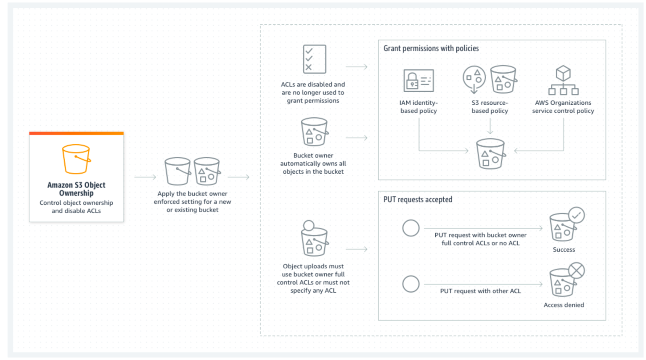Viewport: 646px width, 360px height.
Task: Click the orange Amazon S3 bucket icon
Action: (76, 159)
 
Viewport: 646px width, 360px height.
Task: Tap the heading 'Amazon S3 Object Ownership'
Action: (76, 189)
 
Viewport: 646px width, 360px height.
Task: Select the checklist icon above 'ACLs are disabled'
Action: (314, 59)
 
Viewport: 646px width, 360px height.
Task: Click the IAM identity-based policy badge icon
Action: (418, 80)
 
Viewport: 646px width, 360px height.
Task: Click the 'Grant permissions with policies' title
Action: (431, 48)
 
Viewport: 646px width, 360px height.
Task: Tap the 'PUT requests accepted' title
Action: (418, 199)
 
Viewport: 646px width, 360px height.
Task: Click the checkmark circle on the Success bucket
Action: (576, 215)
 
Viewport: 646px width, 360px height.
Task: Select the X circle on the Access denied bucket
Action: (576, 270)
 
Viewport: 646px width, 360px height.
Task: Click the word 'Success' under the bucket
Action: (564, 249)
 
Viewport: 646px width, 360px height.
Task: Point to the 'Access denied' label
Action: (564, 305)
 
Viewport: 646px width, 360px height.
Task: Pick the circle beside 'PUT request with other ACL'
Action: (410, 284)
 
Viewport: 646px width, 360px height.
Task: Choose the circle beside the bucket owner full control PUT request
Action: (410, 228)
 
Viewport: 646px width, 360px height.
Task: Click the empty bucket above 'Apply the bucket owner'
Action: (177, 171)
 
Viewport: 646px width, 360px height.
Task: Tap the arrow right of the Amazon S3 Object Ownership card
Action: (145, 177)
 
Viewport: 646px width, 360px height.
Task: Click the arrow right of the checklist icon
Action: (357, 67)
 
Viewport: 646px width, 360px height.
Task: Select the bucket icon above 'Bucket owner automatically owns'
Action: (314, 132)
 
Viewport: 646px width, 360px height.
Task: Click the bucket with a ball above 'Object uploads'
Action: (314, 238)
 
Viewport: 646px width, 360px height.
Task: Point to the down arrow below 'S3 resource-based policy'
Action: (490, 126)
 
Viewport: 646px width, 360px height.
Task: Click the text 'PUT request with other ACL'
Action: (480, 291)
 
